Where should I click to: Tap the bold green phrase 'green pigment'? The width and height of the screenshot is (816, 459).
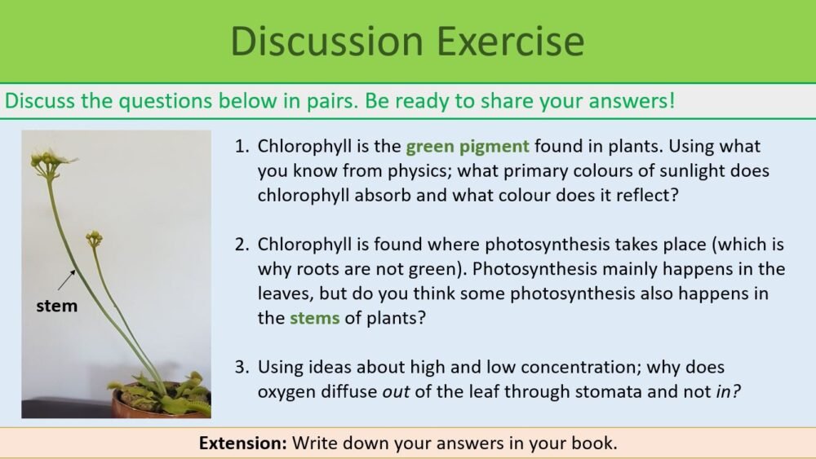[x=468, y=148]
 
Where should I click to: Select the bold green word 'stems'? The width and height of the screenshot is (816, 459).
[x=314, y=319]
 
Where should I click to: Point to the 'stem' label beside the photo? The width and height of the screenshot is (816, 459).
[x=57, y=307]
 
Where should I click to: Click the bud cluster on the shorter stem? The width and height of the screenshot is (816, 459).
[x=95, y=237]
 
